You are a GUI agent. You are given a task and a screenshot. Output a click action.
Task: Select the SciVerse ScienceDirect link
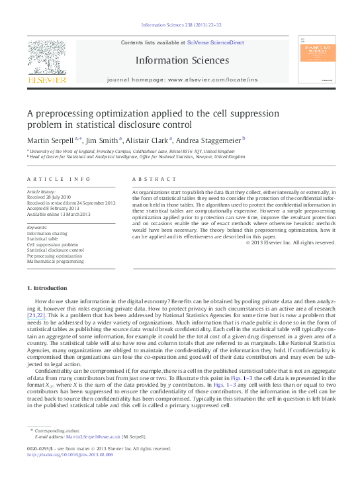[x=215, y=42]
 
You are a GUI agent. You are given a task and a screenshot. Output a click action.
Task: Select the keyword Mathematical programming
[x=56, y=262]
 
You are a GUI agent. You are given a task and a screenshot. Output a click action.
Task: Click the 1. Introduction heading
[x=46, y=289]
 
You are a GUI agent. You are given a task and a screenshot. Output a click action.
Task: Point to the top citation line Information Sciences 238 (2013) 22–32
[x=181, y=25]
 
